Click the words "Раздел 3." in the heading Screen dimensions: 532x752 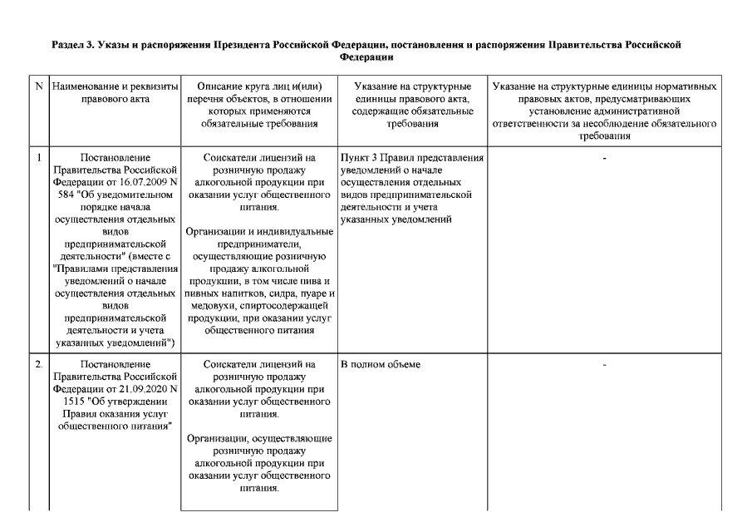pos(73,45)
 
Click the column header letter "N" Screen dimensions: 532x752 pos(39,86)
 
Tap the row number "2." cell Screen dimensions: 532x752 pos(39,364)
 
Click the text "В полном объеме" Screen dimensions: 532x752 pos(381,364)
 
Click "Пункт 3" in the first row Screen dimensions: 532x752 pos(361,156)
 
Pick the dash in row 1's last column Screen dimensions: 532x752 pos(605,156)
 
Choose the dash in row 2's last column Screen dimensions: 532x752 pos(605,364)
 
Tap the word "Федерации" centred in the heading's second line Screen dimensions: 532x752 pos(367,57)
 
